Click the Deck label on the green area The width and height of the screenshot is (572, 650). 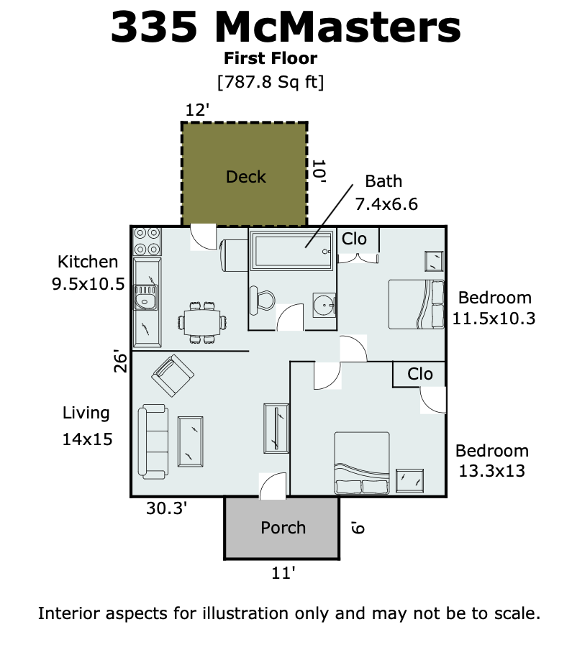(245, 177)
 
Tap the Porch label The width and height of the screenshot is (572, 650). (283, 528)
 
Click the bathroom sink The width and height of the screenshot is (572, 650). (324, 306)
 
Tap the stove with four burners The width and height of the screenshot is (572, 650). (147, 242)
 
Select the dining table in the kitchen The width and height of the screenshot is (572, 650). (203, 323)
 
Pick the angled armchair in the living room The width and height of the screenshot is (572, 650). (173, 375)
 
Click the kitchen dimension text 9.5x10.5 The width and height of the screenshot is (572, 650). (88, 284)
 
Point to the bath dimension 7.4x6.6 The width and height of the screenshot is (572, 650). (386, 204)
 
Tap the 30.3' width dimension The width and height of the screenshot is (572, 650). (166, 508)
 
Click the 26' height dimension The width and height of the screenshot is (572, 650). (120, 361)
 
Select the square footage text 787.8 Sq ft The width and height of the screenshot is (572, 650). (271, 82)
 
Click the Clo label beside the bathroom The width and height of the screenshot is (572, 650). (354, 239)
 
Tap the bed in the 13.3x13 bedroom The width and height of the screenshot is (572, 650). (362, 463)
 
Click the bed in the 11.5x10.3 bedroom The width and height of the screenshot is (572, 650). (417, 305)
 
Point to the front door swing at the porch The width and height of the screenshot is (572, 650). (273, 486)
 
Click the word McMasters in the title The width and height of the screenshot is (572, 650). (337, 27)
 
